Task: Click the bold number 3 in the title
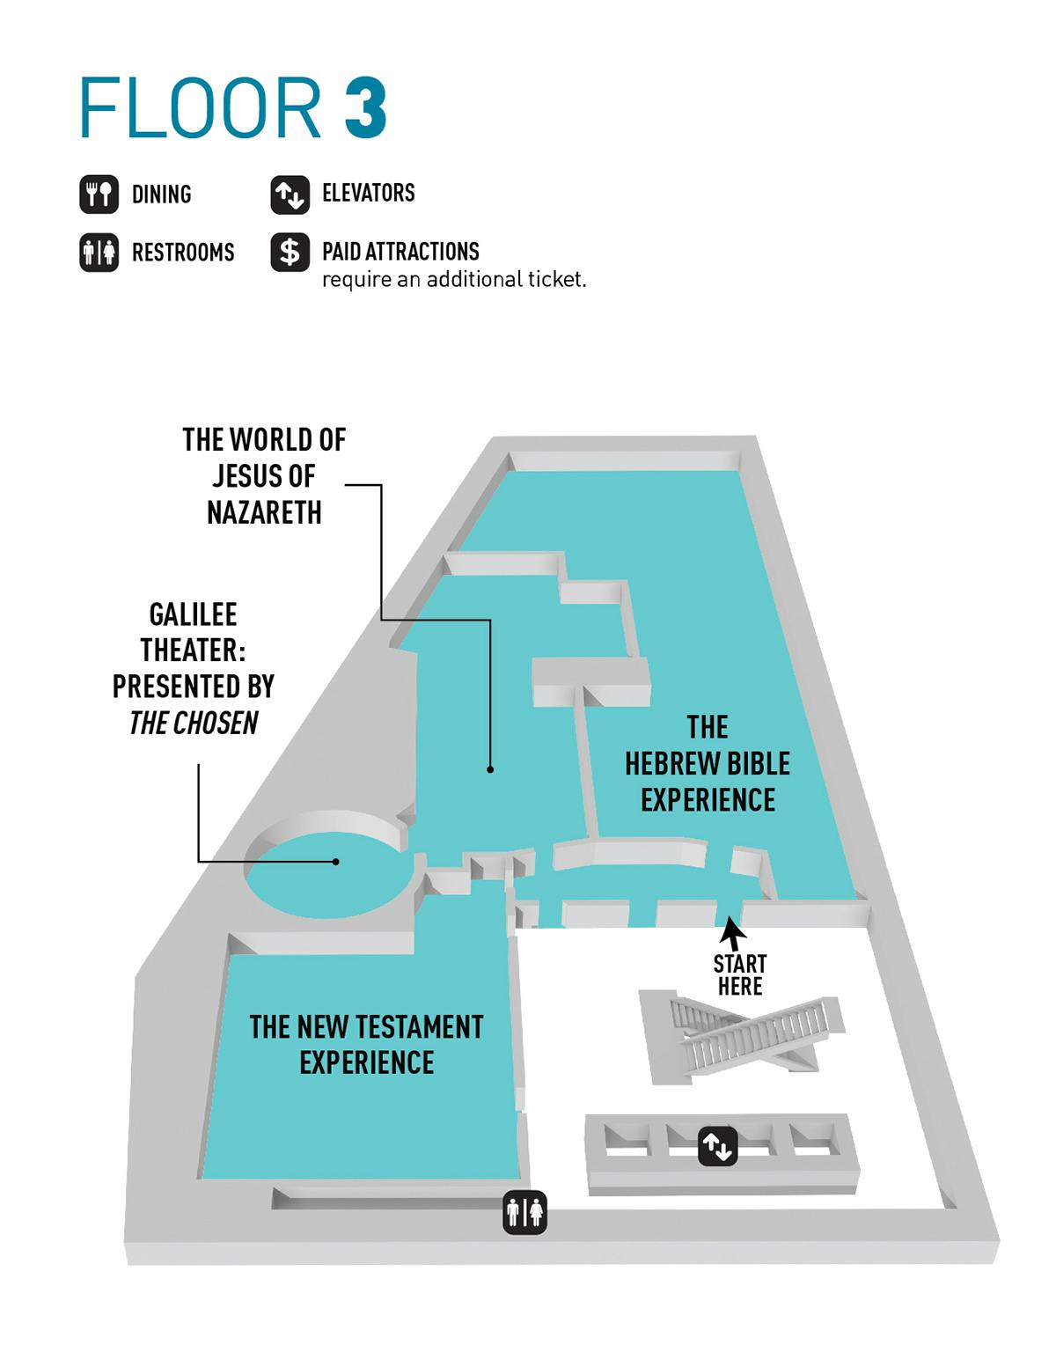coord(365,108)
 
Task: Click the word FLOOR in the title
coord(201,108)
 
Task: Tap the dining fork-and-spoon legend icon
coord(99,194)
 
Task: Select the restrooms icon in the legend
coord(99,253)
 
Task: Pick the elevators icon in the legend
coord(290,194)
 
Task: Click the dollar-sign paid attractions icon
coord(290,253)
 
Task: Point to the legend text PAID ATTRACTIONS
coord(400,252)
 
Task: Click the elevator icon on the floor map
coord(717,1147)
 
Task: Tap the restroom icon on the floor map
coord(524,1213)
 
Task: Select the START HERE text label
coord(740,974)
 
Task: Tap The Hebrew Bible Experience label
coord(708,763)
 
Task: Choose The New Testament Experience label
coord(366,1044)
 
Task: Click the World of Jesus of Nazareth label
coord(264,476)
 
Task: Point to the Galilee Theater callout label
coord(194,668)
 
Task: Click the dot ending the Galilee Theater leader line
coord(336,862)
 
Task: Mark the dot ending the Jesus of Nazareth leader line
coord(491,769)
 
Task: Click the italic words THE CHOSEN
coord(194,724)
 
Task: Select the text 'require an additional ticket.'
coord(454,280)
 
